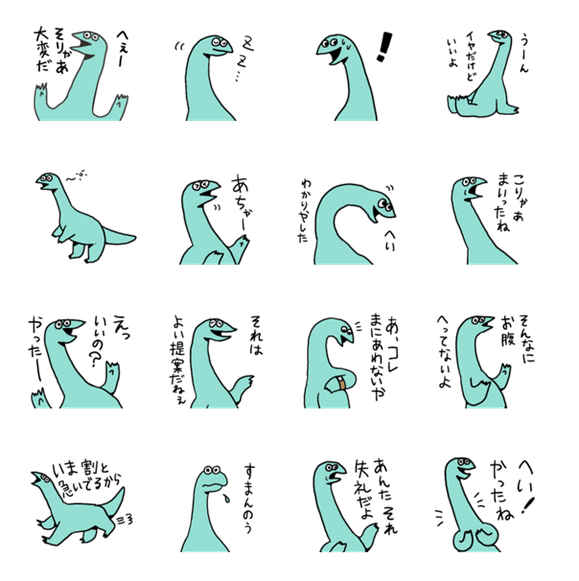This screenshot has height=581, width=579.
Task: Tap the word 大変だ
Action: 42,50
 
